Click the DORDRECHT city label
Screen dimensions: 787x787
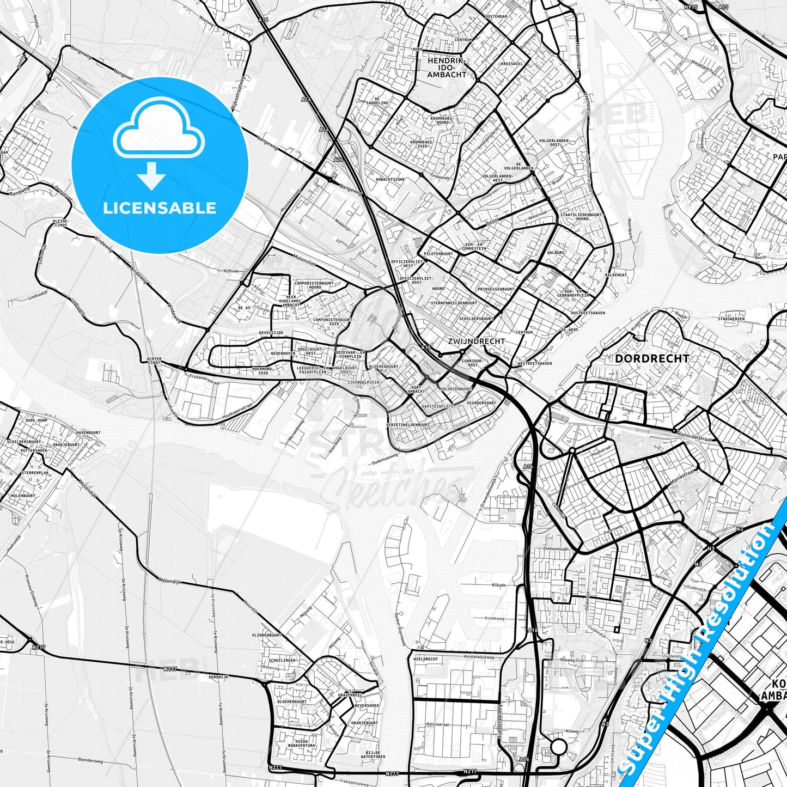[651, 359]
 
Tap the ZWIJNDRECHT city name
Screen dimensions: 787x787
[476, 341]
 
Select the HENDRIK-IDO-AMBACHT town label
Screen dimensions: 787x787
[446, 68]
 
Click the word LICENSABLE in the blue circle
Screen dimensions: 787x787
[160, 208]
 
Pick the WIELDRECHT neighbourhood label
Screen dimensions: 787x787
[426, 659]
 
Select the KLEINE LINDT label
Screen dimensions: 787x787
[60, 223]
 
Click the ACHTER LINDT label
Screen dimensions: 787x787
[154, 361]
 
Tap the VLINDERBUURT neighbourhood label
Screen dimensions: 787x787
[266, 635]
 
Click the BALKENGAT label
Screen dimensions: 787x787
[615, 275]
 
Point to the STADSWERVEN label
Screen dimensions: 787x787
[731, 319]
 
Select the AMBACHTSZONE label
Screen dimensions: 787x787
[390, 179]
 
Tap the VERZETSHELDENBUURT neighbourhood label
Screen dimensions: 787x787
[407, 425]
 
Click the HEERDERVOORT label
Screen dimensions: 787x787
[481, 403]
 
